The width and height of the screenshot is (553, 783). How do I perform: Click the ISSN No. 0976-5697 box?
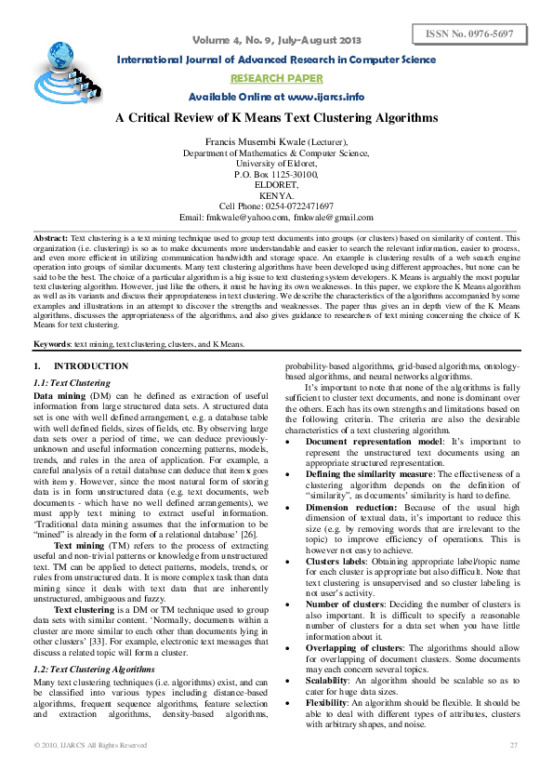470,34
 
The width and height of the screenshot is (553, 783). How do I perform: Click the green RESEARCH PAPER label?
276,78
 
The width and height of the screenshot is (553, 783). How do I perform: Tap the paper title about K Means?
276,118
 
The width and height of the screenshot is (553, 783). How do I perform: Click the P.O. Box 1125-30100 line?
276,175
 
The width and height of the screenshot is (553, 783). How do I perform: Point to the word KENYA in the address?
276,195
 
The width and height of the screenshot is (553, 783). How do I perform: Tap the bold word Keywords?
52,345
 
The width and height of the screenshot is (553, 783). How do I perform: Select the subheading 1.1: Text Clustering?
72,383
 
